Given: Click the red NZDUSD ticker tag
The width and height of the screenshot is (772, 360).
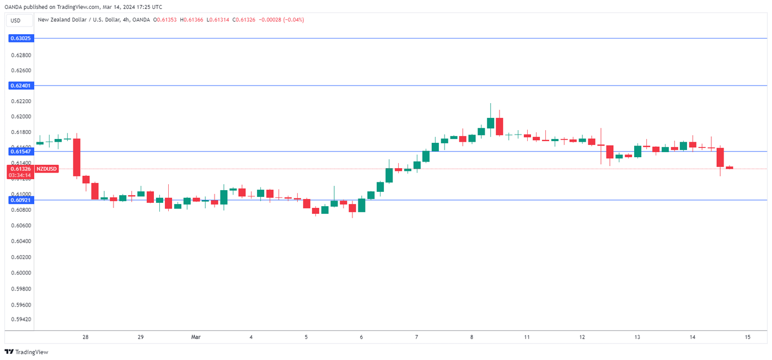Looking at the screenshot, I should (46, 169).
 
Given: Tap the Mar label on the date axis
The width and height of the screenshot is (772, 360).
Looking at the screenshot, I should (195, 337).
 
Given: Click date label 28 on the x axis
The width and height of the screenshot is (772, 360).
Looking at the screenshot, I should (85, 337).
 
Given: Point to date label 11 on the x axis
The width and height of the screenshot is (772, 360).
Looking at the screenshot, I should (527, 337).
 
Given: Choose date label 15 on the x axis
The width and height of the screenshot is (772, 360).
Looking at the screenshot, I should (748, 337).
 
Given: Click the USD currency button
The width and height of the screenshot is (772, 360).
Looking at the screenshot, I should (15, 20).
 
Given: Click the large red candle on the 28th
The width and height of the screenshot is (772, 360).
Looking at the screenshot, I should (77, 157).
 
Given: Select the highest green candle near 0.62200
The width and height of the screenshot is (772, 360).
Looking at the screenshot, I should (490, 122).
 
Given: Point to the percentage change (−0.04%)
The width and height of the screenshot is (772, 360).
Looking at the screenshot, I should (294, 20).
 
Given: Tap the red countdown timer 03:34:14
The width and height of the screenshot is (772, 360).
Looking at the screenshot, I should (20, 175).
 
